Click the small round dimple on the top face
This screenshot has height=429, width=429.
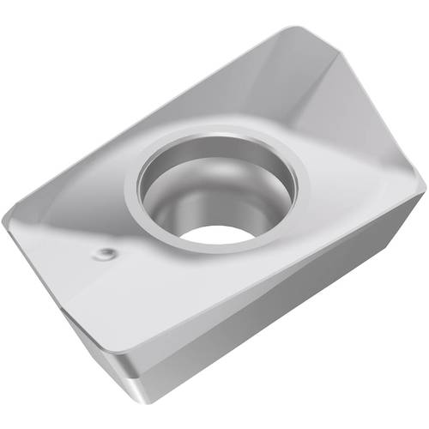(x=105, y=253)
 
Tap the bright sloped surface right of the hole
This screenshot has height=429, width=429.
(x=352, y=189)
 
